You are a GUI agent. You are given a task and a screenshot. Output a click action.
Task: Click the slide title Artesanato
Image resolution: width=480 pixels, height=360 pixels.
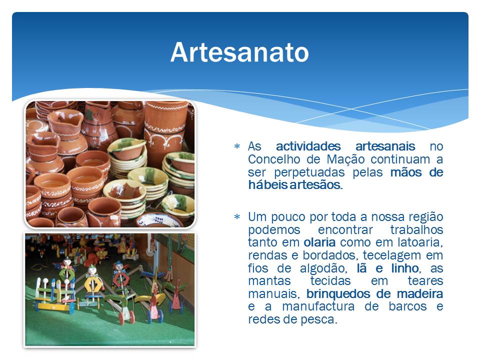pos(239,52)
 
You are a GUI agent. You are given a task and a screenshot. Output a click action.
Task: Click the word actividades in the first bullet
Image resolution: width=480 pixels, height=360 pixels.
pos(308,146)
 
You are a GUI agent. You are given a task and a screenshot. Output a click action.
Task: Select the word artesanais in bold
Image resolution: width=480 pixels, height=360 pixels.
pos(385,146)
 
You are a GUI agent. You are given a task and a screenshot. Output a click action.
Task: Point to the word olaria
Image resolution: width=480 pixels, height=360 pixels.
pos(319,242)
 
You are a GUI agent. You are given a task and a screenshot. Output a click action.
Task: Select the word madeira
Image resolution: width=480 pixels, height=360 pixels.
pos(420,293)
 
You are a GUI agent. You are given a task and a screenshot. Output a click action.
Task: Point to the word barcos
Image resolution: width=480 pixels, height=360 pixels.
pos(408,306)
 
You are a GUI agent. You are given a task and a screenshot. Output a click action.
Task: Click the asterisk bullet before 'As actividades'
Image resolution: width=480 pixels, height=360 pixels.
pos(237,146)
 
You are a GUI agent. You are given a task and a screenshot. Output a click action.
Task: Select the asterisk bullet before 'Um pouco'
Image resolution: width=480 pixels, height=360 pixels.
pos(237,217)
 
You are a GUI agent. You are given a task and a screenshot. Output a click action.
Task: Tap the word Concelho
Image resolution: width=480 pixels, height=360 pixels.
pos(274,159)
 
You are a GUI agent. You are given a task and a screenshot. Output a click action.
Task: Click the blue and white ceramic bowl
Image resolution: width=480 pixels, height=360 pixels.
pos(159,220)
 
